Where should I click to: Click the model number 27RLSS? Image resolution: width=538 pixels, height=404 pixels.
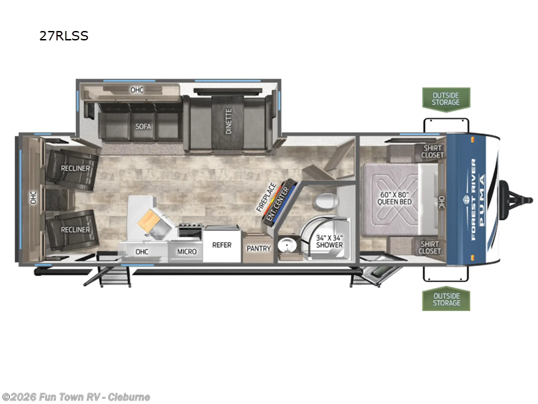pos(64,36)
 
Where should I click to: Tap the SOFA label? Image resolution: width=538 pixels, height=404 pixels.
pos(142,126)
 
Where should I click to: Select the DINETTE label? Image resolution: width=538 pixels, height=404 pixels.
pos(229,121)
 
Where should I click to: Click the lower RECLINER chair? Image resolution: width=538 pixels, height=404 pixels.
pos(71,230)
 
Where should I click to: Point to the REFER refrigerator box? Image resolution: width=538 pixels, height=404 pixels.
pos(222,245)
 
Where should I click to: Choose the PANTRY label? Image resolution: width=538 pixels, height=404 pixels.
pos(258,248)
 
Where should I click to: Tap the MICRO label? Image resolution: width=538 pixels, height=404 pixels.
pos(187,251)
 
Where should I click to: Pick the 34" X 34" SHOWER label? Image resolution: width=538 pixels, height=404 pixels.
pos(330,240)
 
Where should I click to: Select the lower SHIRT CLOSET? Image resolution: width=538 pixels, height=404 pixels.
pos(430,247)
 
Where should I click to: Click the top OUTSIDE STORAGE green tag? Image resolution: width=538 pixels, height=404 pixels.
pos(446,98)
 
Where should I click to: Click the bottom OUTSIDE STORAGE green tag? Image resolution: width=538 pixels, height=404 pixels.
pos(446,299)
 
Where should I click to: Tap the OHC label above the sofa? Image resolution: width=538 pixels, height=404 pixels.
pos(137,89)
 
